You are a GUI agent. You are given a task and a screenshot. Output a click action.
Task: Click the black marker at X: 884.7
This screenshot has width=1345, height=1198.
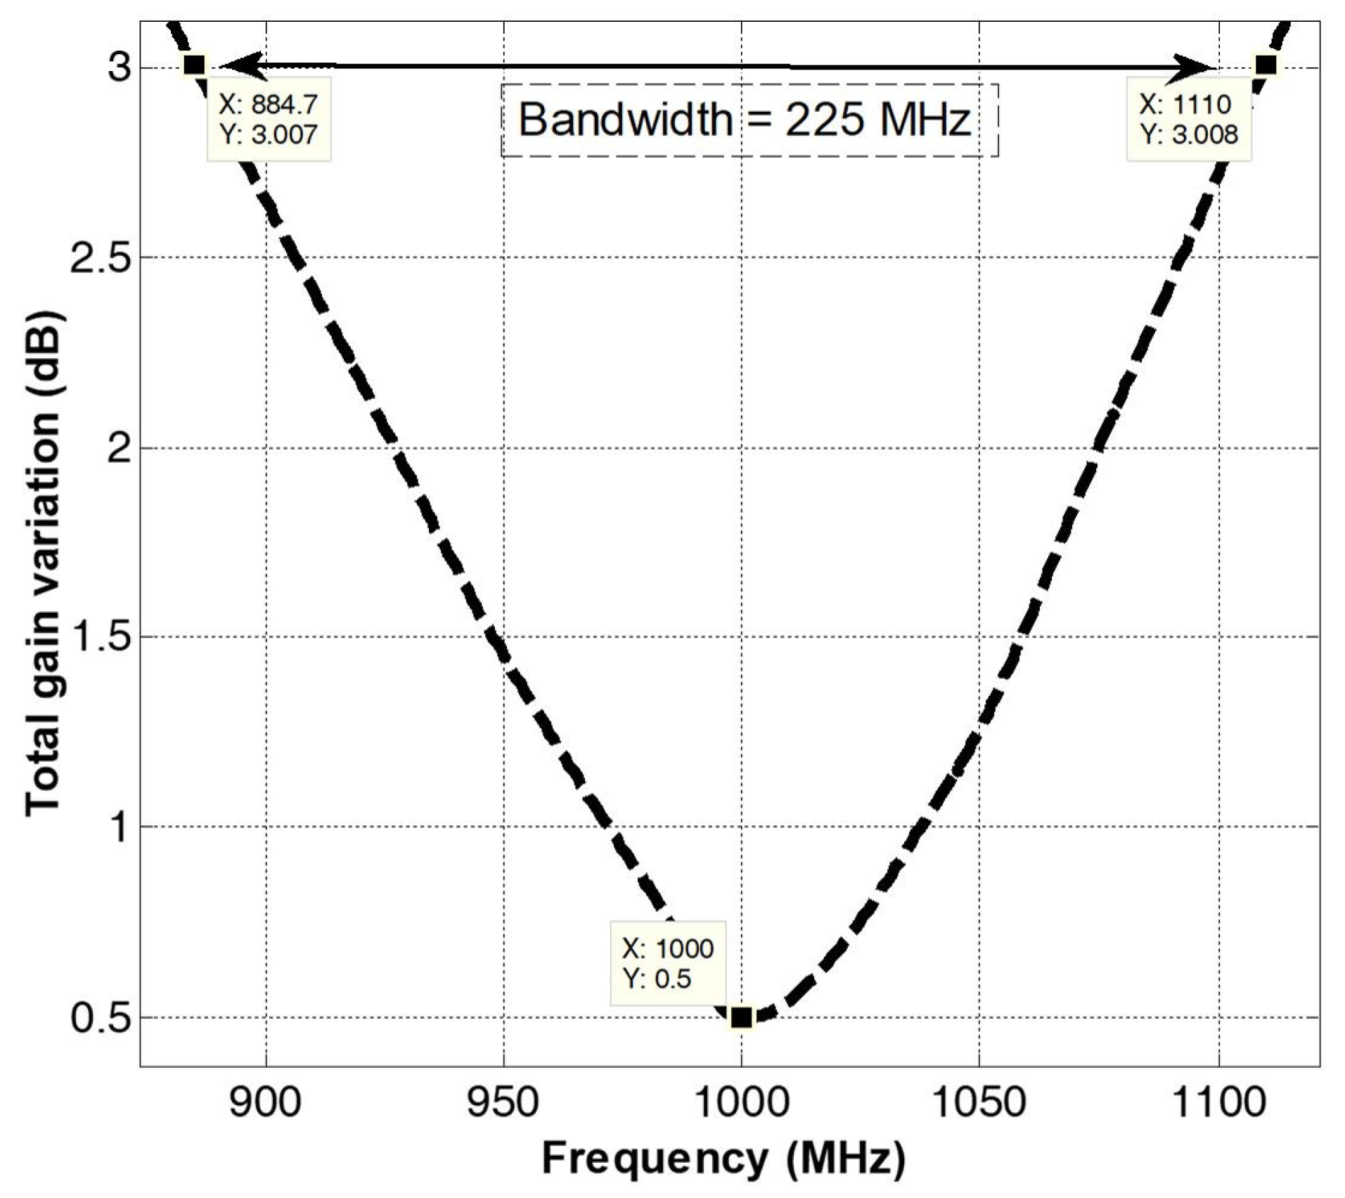194,65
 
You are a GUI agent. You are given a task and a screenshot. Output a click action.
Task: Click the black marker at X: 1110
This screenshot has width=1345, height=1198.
1266,65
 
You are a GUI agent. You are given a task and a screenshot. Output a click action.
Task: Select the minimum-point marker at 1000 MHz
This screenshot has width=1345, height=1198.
741,1018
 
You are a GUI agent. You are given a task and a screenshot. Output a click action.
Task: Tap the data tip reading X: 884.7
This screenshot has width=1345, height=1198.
269,120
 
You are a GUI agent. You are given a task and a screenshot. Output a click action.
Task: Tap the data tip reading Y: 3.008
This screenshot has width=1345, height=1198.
1188,120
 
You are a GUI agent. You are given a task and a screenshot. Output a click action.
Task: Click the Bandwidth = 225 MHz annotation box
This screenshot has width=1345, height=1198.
749,120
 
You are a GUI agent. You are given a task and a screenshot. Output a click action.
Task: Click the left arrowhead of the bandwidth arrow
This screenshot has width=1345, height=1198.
239,65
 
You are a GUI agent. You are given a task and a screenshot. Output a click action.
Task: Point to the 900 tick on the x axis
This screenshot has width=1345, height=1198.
266,1102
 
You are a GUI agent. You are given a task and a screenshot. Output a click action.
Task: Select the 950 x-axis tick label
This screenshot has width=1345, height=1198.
503,1102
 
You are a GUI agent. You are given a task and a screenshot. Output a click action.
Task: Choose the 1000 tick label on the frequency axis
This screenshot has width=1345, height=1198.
741,1102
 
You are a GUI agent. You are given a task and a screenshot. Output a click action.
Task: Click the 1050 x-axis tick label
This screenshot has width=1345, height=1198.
979,1102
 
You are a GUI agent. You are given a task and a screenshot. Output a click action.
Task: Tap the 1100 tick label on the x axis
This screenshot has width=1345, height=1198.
1218,1102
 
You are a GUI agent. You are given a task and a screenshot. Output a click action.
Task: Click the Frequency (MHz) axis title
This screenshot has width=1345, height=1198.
723,1159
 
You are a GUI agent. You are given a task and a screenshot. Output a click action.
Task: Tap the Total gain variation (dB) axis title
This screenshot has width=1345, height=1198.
44,563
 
